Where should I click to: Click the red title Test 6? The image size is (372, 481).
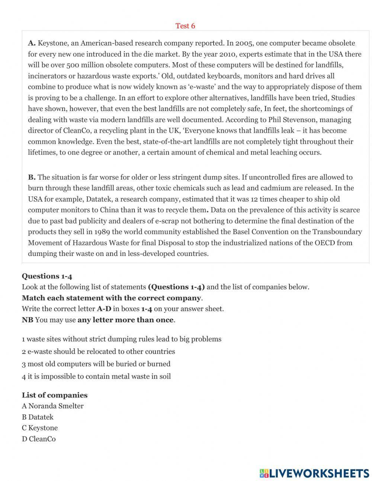pyautogui.click(x=185, y=26)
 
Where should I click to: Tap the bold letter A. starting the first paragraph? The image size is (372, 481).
pyautogui.click(x=32, y=43)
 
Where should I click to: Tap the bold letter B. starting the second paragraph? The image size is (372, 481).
pyautogui.click(x=32, y=177)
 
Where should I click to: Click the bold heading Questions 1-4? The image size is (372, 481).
pyautogui.click(x=47, y=276)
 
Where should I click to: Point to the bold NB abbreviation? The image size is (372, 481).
pyautogui.click(x=27, y=320)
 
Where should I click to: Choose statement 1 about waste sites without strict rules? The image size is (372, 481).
pyautogui.click(x=122, y=339)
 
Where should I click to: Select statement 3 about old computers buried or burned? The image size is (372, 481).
pyautogui.click(x=96, y=364)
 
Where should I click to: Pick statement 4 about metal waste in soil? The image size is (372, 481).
pyautogui.click(x=96, y=376)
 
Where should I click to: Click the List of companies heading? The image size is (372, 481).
pyautogui.click(x=55, y=395)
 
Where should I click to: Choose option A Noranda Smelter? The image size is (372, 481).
pyautogui.click(x=52, y=406)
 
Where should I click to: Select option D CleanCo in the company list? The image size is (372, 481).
pyautogui.click(x=39, y=439)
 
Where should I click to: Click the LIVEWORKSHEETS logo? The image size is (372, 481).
pyautogui.click(x=314, y=473)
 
